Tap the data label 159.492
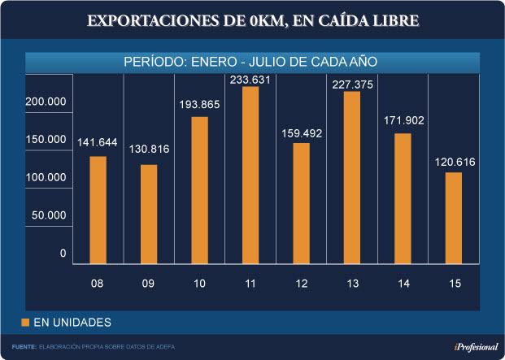(x=301, y=133)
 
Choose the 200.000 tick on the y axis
(x=46, y=102)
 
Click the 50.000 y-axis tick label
(x=49, y=215)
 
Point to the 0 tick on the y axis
(x=63, y=254)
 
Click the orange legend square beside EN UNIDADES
(x=25, y=323)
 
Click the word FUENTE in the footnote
(x=24, y=347)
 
